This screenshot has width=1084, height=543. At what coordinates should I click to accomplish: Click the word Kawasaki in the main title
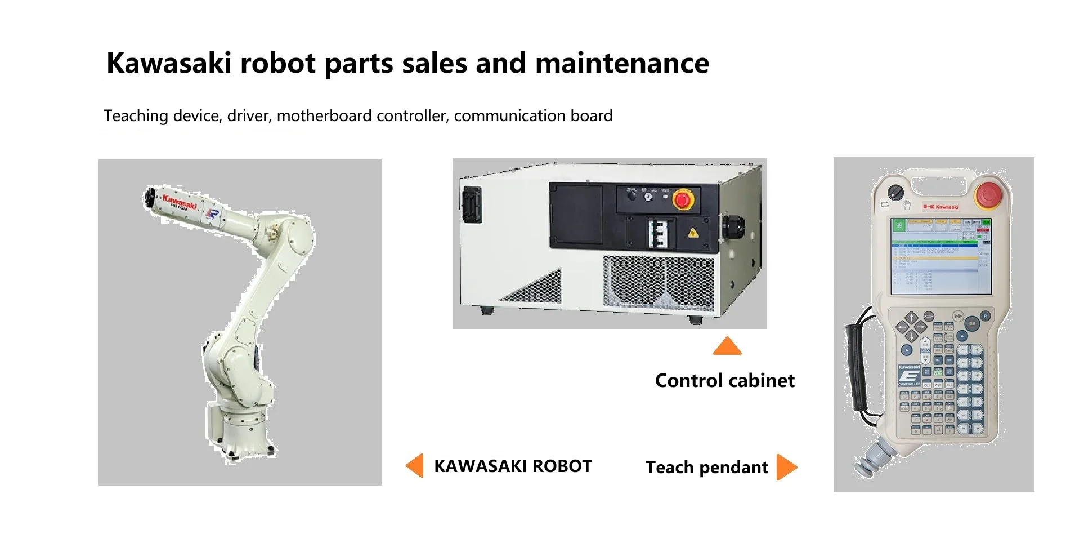click(x=168, y=63)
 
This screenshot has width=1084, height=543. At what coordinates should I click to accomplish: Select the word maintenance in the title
click(x=622, y=63)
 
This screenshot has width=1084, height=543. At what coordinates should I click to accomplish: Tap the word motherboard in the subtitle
click(x=324, y=116)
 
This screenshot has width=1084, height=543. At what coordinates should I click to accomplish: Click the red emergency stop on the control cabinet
click(x=682, y=199)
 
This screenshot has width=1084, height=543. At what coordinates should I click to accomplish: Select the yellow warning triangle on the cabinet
click(x=692, y=233)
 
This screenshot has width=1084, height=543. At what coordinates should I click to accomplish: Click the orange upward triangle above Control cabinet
click(x=727, y=346)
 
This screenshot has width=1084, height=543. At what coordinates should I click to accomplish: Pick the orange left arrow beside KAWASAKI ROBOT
click(x=415, y=466)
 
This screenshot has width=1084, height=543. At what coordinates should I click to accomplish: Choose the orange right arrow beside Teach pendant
click(x=786, y=467)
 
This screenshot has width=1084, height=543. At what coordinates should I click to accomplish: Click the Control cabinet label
click(x=724, y=381)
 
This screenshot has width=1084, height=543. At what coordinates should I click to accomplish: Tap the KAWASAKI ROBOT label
click(x=513, y=466)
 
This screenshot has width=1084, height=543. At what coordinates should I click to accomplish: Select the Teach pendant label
click(x=706, y=468)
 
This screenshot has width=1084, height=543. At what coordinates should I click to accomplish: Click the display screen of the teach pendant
click(x=940, y=256)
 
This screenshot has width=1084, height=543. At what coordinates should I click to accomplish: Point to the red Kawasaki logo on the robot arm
click(x=180, y=201)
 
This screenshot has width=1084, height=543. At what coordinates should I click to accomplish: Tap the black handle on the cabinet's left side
click(x=470, y=205)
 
